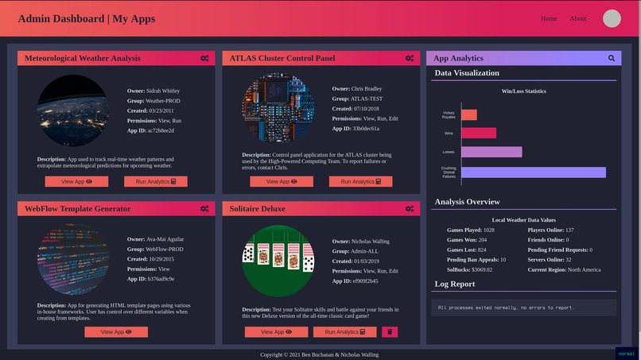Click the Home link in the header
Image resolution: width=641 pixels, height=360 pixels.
click(x=549, y=18)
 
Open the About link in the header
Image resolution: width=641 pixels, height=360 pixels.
click(x=578, y=18)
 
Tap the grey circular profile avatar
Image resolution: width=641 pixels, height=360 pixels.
click(x=612, y=19)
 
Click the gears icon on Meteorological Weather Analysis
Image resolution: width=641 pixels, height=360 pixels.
click(x=204, y=58)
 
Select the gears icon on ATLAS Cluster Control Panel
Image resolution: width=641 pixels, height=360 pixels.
click(x=410, y=58)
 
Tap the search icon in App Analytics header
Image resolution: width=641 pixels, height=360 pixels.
click(x=612, y=58)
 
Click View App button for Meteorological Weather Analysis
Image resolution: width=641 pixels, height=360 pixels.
click(x=76, y=181)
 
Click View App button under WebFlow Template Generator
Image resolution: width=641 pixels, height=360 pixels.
click(x=116, y=332)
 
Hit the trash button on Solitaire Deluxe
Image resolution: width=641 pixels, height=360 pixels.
click(x=390, y=332)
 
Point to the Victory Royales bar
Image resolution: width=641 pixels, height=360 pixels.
click(x=469, y=114)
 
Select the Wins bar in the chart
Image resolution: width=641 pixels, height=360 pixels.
click(x=479, y=133)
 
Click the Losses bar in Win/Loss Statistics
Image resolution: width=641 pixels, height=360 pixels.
click(x=491, y=152)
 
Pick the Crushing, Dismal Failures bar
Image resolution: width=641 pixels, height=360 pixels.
click(x=533, y=172)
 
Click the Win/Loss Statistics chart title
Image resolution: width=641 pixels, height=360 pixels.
click(x=523, y=91)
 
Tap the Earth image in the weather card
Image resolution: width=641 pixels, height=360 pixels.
click(x=73, y=110)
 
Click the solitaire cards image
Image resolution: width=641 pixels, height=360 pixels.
click(x=278, y=261)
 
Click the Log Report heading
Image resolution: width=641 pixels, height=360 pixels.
click(x=455, y=284)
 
